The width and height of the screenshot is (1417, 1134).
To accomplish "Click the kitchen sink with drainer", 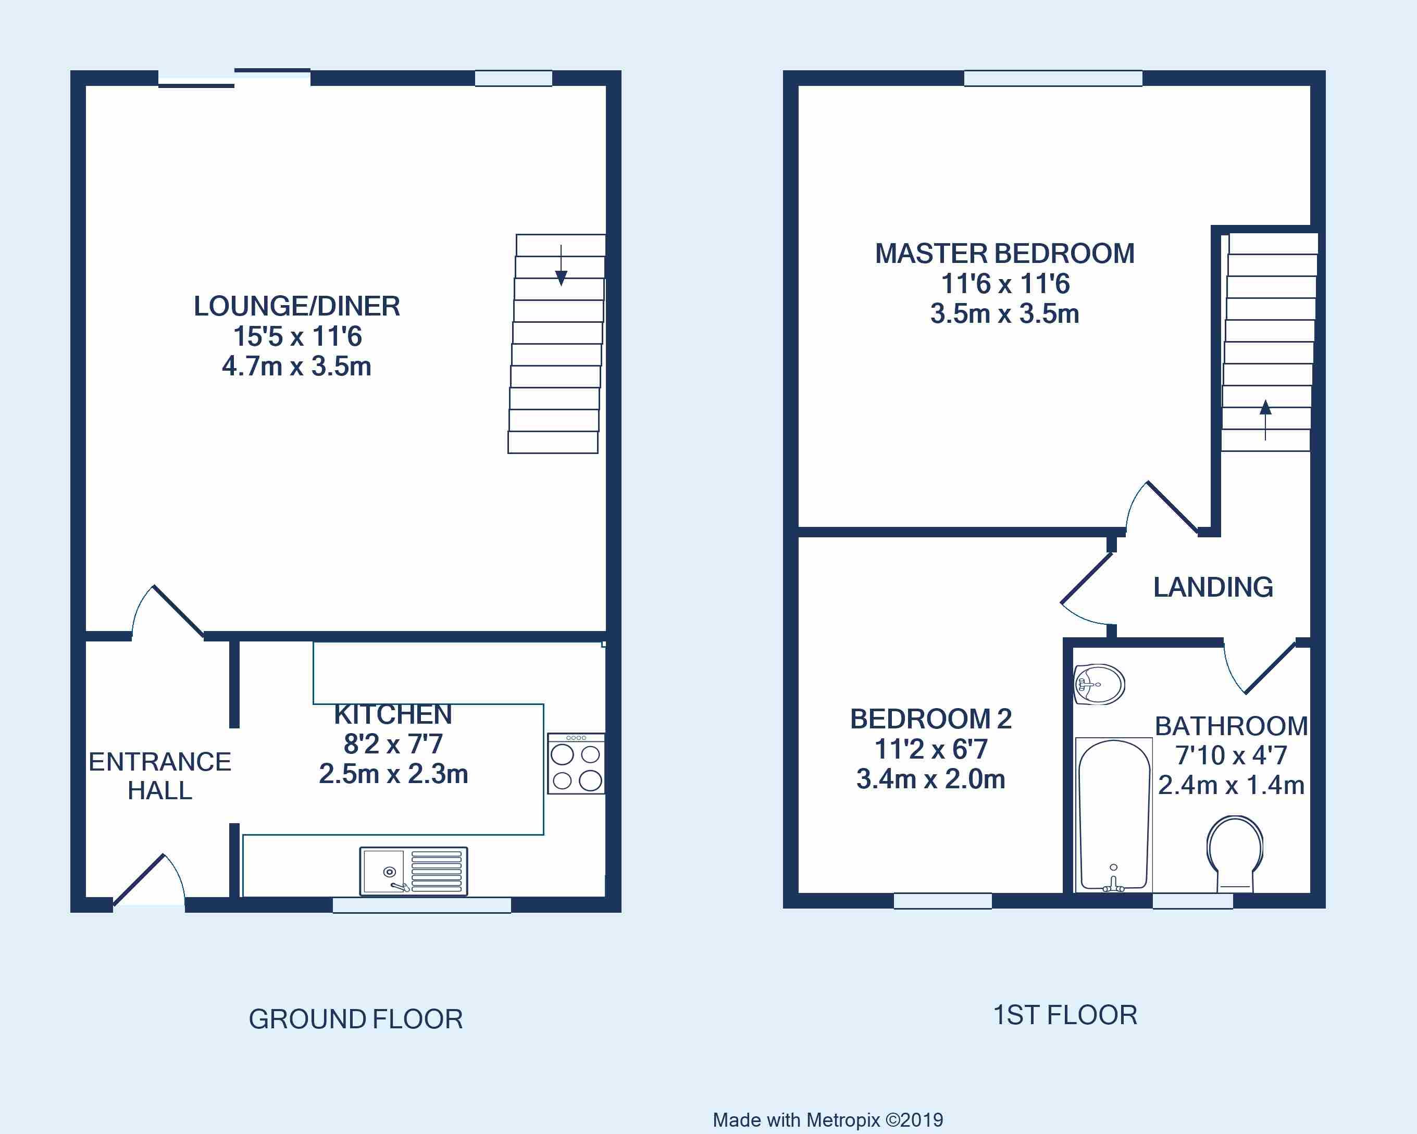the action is pyautogui.click(x=414, y=871).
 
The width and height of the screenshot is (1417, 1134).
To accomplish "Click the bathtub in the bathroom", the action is pyautogui.click(x=1113, y=815).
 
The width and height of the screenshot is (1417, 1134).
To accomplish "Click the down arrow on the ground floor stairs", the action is pyautogui.click(x=561, y=266).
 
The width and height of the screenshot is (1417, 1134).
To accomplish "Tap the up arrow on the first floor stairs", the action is pyautogui.click(x=1265, y=421).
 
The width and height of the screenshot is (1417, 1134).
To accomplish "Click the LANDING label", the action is pyautogui.click(x=1213, y=587).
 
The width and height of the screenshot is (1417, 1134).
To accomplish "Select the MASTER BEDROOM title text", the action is pyautogui.click(x=1005, y=254).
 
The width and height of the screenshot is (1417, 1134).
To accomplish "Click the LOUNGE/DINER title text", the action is pyautogui.click(x=297, y=306).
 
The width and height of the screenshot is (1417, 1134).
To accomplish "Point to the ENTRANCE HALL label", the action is pyautogui.click(x=160, y=776).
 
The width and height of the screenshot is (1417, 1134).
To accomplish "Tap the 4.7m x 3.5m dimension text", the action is pyautogui.click(x=297, y=366).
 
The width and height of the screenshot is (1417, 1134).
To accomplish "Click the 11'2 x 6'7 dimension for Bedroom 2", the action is pyautogui.click(x=930, y=749).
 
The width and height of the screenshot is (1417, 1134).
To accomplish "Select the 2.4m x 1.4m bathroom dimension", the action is pyautogui.click(x=1231, y=785).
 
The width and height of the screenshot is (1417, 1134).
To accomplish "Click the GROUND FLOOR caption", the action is pyautogui.click(x=356, y=1019).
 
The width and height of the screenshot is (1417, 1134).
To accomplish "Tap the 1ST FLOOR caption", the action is pyautogui.click(x=1065, y=1015).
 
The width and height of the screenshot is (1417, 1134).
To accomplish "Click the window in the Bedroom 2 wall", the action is pyautogui.click(x=942, y=901).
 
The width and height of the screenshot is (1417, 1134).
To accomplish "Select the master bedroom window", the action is pyautogui.click(x=1053, y=78).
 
